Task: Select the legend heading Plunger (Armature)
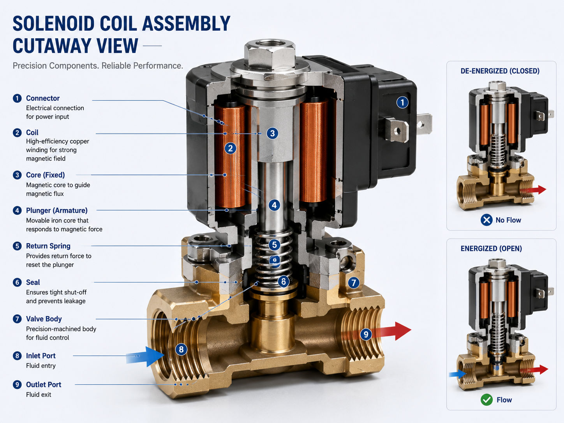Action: pyautogui.click(x=57, y=210)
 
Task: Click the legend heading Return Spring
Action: pyautogui.click(x=48, y=246)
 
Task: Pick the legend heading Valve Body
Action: pyautogui.click(x=44, y=319)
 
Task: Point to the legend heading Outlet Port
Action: pyautogui.click(x=44, y=384)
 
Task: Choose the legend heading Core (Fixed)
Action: pyautogui.click(x=46, y=175)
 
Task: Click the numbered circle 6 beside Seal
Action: pyautogui.click(x=17, y=282)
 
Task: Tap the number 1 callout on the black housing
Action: pyautogui.click(x=402, y=103)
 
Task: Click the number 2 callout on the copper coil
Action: pyautogui.click(x=231, y=148)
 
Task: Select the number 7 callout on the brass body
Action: pyautogui.click(x=354, y=283)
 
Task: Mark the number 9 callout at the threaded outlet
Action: pyautogui.click(x=366, y=334)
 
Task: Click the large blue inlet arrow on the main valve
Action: pyautogui.click(x=145, y=356)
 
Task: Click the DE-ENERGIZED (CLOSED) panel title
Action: pyautogui.click(x=500, y=71)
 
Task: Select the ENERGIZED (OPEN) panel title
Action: pyautogui.click(x=491, y=249)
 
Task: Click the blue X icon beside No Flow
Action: pyautogui.click(x=486, y=220)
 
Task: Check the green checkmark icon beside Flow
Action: pyautogui.click(x=486, y=400)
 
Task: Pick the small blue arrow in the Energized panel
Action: pyautogui.click(x=458, y=374)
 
